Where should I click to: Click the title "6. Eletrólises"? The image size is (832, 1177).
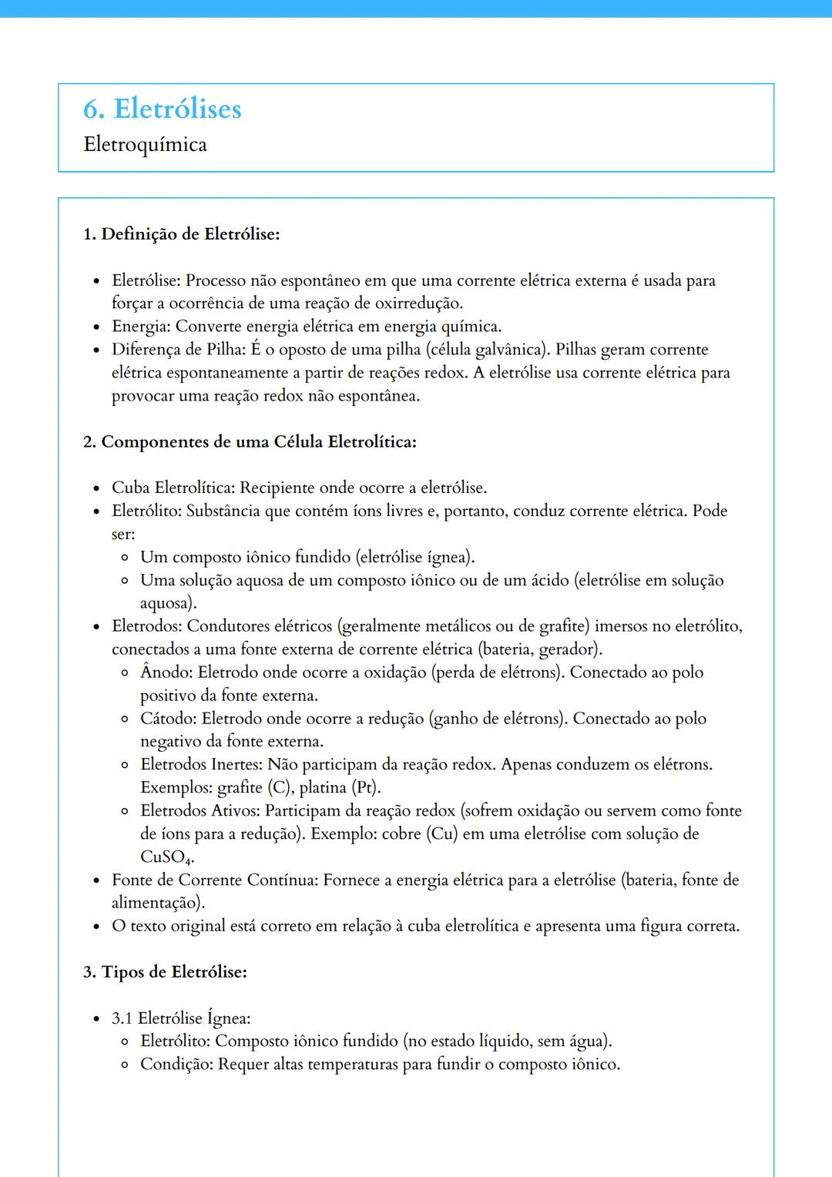162,109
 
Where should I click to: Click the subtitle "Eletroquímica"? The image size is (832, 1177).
145,145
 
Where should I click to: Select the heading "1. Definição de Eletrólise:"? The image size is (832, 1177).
181,234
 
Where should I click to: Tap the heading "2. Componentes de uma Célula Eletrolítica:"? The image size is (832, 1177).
250,442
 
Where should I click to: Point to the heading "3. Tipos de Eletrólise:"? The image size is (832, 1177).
165,972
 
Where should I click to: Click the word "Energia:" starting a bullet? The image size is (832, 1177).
141,327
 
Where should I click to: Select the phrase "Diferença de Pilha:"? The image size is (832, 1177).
178,350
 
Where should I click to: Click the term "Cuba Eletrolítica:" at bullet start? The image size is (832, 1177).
173,488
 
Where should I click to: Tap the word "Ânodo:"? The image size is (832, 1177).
166,672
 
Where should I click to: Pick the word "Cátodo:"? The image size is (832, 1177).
168,719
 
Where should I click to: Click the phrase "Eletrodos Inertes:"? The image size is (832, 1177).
201,765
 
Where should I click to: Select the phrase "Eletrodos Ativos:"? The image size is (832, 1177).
200,811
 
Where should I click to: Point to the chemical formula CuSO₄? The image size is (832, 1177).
165,857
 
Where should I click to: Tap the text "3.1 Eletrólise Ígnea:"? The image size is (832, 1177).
181,1018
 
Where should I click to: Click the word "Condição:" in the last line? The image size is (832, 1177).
176,1065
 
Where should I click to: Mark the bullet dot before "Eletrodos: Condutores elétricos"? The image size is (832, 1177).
96,627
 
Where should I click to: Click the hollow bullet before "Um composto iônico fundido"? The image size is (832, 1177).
125,558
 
